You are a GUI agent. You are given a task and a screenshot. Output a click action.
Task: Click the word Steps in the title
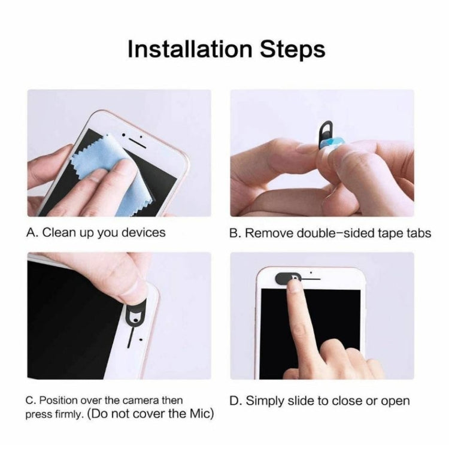(293, 49)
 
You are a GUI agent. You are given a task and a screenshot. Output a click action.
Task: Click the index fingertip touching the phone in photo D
(294, 287)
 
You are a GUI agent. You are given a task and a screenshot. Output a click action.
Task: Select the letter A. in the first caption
(33, 232)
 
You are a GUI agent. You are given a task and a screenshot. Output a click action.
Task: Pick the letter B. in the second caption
(236, 233)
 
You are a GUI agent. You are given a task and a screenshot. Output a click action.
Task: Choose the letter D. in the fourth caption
(236, 401)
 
